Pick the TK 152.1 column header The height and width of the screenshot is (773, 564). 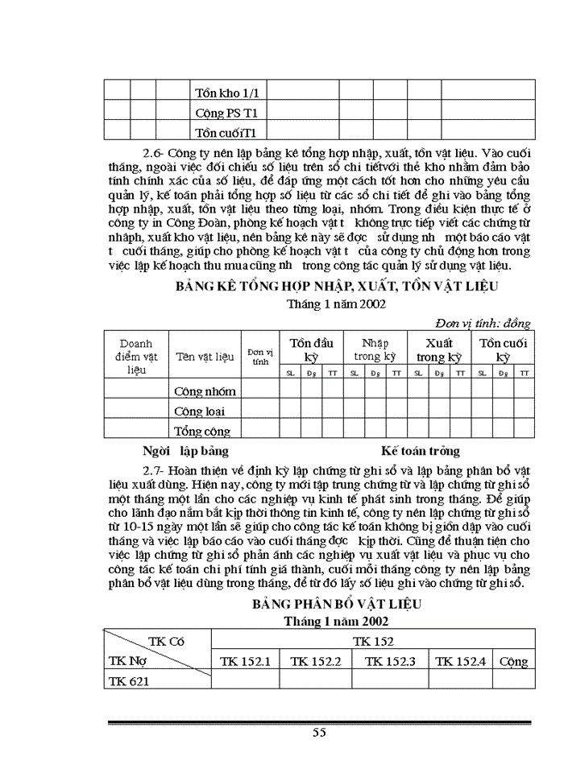pos(245,661)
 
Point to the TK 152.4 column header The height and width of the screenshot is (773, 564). pos(460,661)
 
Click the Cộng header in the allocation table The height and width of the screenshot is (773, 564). pos(513,661)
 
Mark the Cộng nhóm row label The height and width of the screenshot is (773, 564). pos(205,391)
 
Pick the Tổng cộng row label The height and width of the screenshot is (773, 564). pos(202,431)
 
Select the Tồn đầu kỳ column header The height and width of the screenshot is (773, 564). pos(311,349)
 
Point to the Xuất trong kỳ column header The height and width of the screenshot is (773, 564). pos(438,349)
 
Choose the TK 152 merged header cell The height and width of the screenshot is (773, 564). pos(372,641)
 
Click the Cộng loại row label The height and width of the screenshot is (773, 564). pos(199,411)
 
